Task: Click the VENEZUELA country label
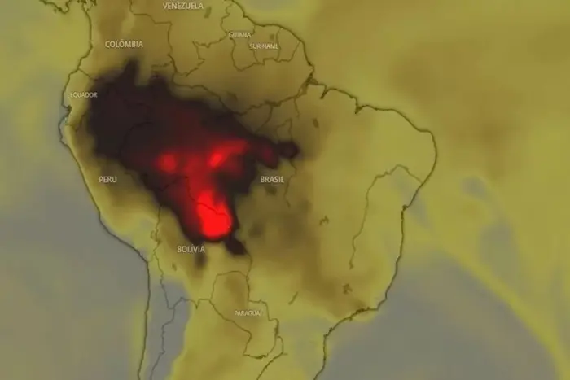tap(182, 6)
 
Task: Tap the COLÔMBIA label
tap(124, 44)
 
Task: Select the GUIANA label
tap(239, 34)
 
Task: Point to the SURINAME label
tap(264, 46)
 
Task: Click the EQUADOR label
tap(83, 94)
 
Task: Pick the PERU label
tap(107, 179)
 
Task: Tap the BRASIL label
tap(272, 179)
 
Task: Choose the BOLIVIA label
tap(191, 249)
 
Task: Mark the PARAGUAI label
tap(248, 312)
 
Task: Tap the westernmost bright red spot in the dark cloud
tap(167, 163)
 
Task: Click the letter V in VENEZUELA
tap(165, 6)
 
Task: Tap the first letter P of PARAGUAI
tap(236, 312)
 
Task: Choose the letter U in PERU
tap(114, 179)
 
